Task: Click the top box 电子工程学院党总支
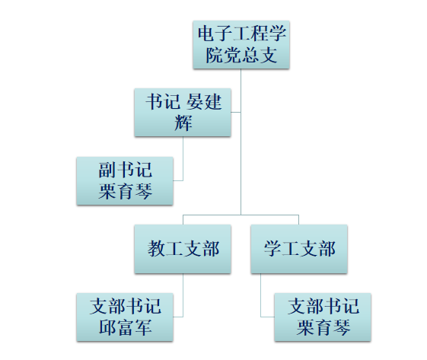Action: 241,45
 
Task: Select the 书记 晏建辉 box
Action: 183,113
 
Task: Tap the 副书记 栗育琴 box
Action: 125,181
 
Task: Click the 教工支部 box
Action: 183,249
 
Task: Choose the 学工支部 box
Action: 299,249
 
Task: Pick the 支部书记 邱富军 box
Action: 125,317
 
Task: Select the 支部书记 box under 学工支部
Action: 323,317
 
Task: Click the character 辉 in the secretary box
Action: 183,123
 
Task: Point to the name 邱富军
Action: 125,327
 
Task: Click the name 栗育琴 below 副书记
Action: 125,191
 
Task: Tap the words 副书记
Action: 125,170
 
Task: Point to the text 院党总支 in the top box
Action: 241,55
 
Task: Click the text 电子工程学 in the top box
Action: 242,33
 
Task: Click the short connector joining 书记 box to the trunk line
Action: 236,112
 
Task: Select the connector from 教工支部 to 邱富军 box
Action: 183,295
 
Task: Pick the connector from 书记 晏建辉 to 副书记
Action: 183,158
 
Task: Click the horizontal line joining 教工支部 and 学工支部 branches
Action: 241,215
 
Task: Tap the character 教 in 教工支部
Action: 157,249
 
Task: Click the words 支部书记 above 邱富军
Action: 126,306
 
